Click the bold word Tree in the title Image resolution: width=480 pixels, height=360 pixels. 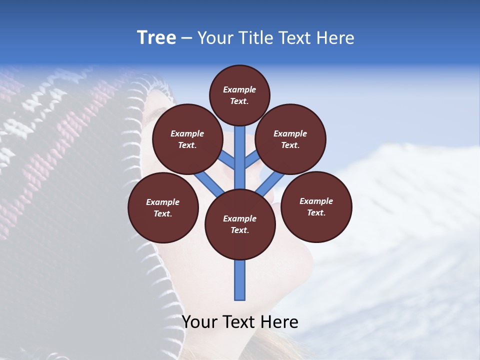click(x=156, y=38)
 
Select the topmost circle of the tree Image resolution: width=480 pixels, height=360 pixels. click(x=239, y=95)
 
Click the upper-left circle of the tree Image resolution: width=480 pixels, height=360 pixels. click(x=187, y=139)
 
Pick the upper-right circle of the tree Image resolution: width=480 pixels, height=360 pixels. click(x=290, y=139)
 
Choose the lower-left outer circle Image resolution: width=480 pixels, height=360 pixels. click(x=163, y=207)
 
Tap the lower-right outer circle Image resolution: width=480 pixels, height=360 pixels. click(x=316, y=206)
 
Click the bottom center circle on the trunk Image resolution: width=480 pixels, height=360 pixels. click(x=240, y=224)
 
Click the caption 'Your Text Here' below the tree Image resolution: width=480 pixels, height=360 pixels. click(x=240, y=321)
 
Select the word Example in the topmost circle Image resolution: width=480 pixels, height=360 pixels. click(x=239, y=89)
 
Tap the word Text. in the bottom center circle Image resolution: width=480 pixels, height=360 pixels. click(x=239, y=230)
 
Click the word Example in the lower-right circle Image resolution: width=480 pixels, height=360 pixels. click(x=316, y=201)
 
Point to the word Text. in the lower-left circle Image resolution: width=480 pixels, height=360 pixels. click(x=162, y=213)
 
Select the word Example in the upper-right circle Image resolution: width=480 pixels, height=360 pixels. click(x=290, y=133)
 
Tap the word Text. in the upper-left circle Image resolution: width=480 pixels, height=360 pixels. click(x=187, y=145)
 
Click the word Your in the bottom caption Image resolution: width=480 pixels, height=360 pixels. click(x=200, y=321)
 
